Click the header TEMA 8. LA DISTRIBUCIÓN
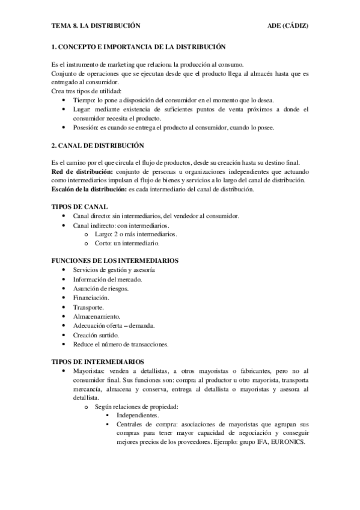coord(96,26)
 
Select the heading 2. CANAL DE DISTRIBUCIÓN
coord(98,146)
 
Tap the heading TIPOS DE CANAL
coord(80,206)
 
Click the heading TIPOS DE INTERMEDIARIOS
coord(98,362)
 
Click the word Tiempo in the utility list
coord(84,100)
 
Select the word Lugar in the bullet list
coord(82,109)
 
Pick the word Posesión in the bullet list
coord(85,127)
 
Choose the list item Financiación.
coord(91,298)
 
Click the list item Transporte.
coord(88,307)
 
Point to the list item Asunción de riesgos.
coord(100,288)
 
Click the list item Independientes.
coord(138,416)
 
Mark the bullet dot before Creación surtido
coord(64,335)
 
